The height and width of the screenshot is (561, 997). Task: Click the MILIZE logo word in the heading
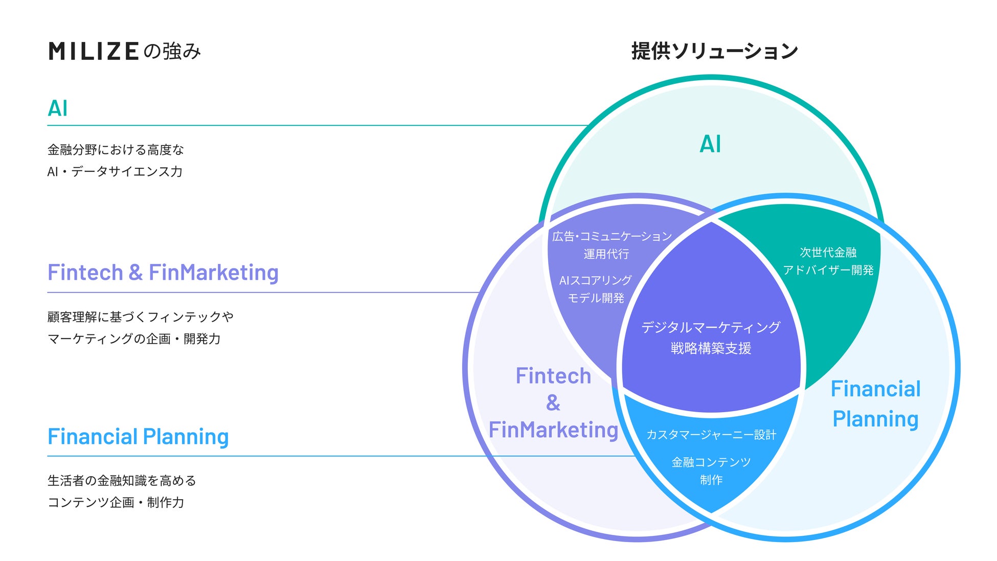94,52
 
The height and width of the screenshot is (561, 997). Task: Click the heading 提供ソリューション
714,51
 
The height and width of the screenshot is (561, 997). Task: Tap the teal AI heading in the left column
58,108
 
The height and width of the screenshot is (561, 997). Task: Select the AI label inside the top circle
710,144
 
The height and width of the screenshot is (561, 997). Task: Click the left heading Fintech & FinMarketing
163,273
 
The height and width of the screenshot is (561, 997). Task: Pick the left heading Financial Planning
138,437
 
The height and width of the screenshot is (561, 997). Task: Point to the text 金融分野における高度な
116,150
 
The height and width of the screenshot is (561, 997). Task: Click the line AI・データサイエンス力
115,172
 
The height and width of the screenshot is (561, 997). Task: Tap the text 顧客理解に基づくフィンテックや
140,317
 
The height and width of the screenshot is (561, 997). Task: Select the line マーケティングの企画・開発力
134,339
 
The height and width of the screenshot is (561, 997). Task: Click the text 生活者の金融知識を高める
122,481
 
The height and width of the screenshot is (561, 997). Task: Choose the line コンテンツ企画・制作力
116,503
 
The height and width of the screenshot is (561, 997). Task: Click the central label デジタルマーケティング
711,327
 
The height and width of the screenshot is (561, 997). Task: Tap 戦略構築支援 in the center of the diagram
711,349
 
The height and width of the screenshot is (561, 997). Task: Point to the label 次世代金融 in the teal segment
828,253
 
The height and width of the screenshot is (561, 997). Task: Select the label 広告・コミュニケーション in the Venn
611,236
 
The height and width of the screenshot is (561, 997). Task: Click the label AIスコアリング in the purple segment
595,280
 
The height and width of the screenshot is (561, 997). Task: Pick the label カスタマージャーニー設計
711,435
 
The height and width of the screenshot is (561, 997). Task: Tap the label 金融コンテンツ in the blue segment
711,462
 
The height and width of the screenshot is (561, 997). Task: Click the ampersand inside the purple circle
553,403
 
